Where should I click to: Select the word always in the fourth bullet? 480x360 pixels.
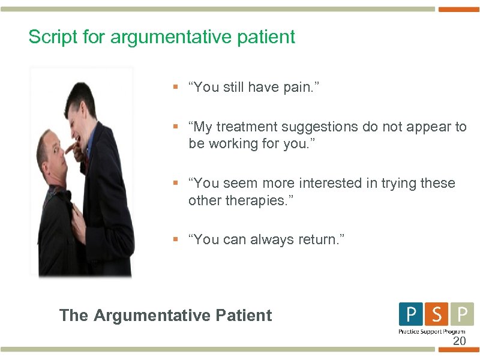(x=278, y=239)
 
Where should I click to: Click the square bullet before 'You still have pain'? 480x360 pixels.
(x=175, y=88)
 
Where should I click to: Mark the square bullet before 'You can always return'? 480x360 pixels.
(x=175, y=239)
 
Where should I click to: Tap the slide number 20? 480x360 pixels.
(x=459, y=341)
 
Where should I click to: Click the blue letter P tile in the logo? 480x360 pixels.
(x=410, y=314)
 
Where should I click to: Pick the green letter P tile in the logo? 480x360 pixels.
(x=462, y=314)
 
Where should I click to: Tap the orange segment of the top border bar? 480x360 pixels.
(x=459, y=9)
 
